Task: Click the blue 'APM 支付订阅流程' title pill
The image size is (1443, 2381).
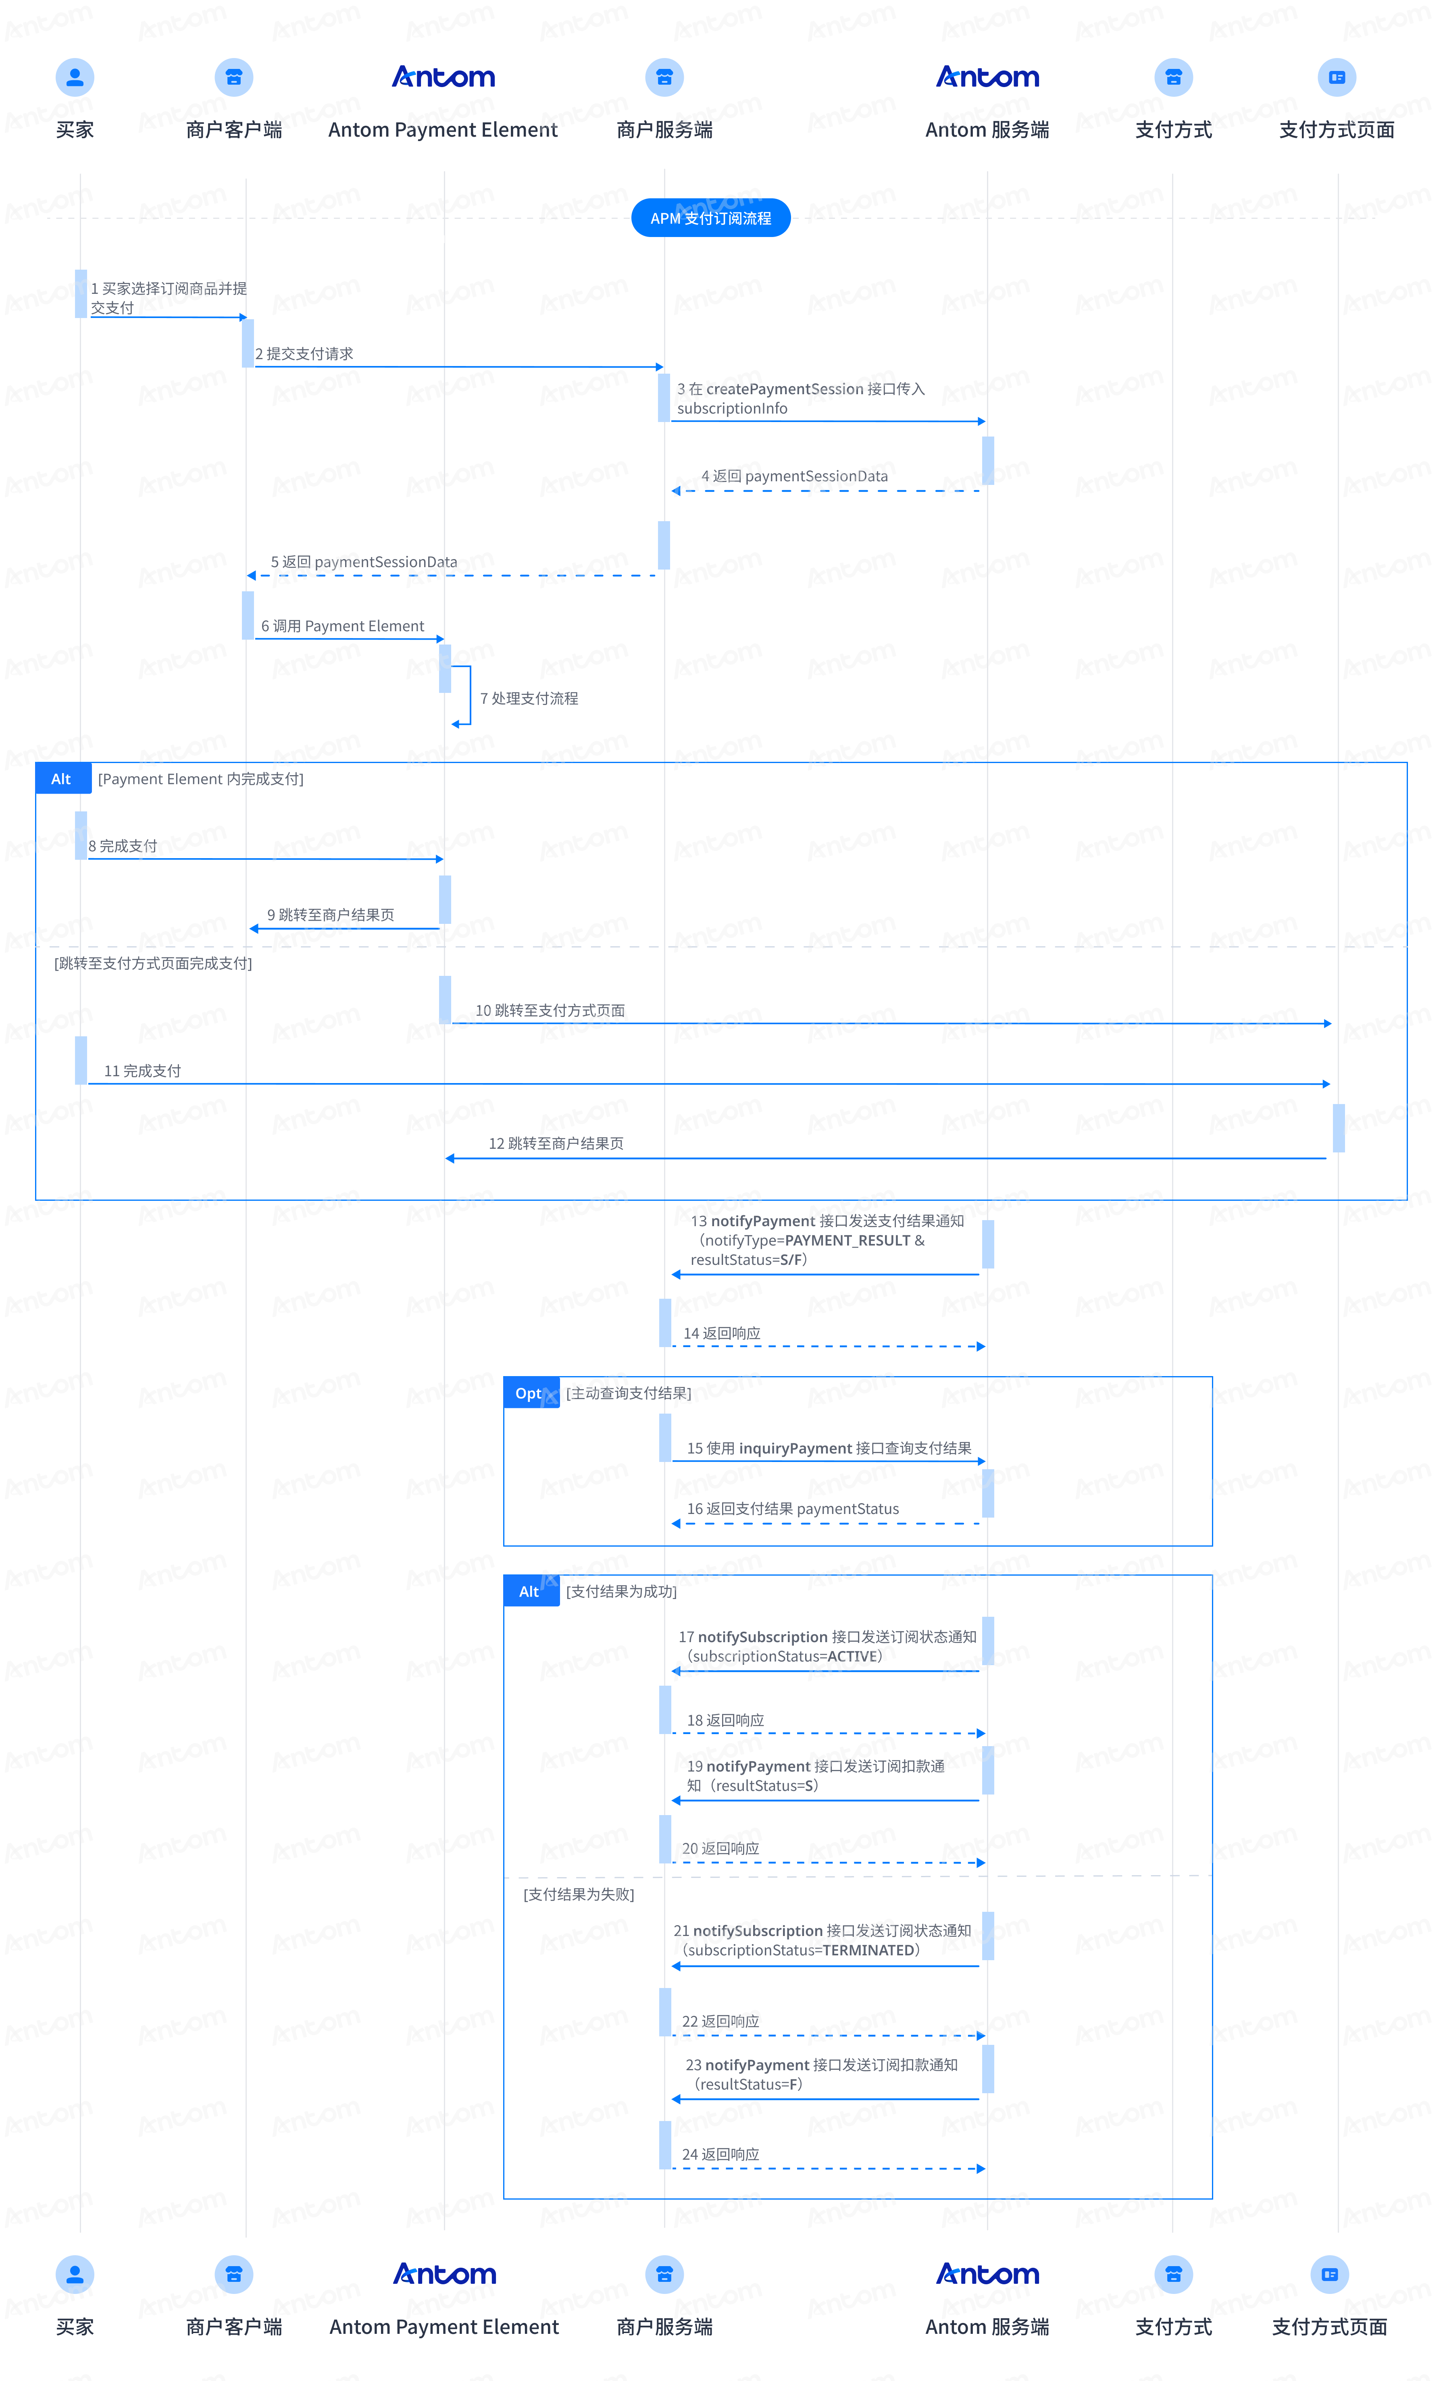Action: point(710,217)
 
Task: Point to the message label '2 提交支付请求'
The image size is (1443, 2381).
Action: point(304,354)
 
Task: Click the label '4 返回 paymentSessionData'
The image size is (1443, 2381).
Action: point(794,475)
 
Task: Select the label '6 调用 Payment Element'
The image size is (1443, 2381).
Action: point(342,626)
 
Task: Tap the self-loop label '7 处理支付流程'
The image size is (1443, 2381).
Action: point(529,698)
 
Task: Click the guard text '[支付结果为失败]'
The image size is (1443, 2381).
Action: point(579,1894)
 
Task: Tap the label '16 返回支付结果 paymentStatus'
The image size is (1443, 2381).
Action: point(793,1508)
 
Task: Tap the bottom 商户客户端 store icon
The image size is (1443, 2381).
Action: point(233,2274)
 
